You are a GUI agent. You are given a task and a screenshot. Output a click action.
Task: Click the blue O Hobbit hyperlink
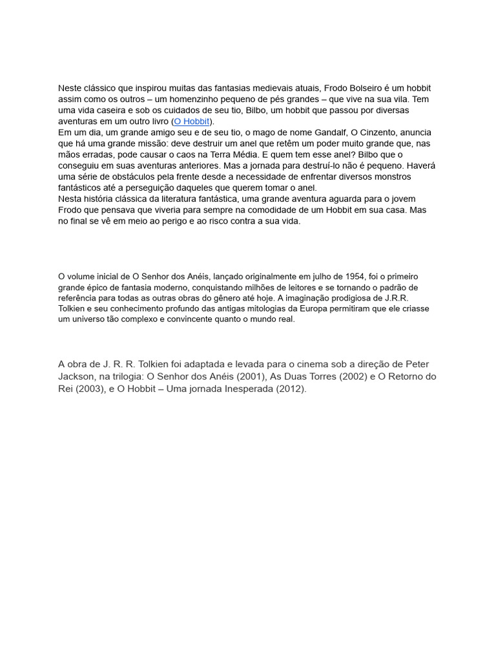[192, 122]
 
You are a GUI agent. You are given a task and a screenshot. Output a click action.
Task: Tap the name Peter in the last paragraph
[416, 364]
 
